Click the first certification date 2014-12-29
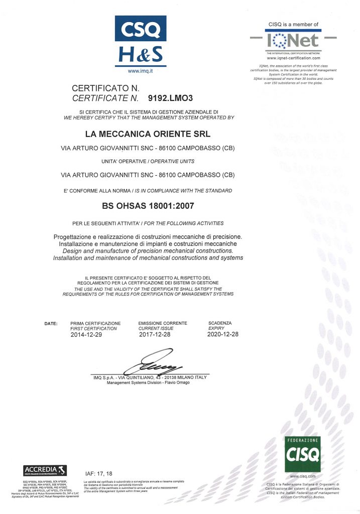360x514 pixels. pyautogui.click(x=86, y=334)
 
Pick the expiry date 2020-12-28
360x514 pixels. pyautogui.click(x=223, y=334)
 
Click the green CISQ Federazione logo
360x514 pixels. pyautogui.click(x=302, y=454)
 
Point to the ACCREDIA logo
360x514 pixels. pyautogui.click(x=45, y=470)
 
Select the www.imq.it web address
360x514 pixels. pyautogui.click(x=141, y=72)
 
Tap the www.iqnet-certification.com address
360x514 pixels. pyautogui.click(x=294, y=58)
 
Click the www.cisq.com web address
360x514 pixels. pyautogui.click(x=303, y=476)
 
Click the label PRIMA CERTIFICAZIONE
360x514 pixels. pyautogui.click(x=95, y=323)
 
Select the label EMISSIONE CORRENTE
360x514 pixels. pyautogui.click(x=162, y=323)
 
